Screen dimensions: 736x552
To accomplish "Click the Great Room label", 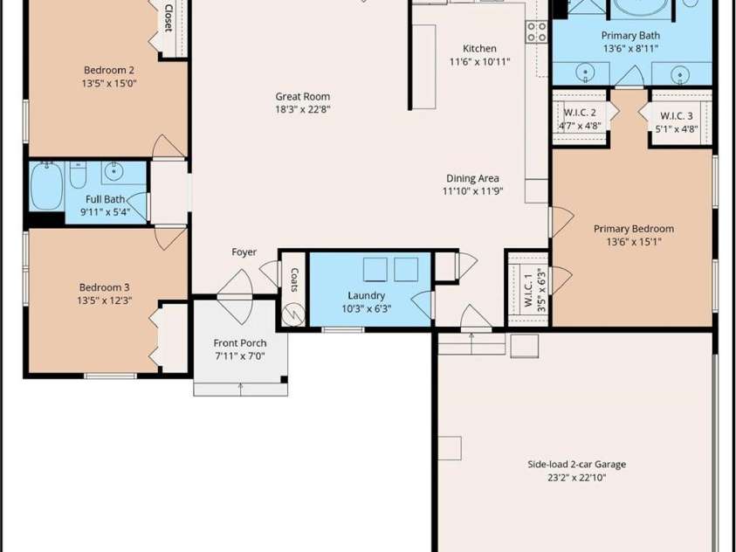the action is [303, 96].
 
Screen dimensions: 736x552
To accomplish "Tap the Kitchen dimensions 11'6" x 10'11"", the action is [479, 61].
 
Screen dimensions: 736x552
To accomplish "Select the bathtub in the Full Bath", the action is [46, 186].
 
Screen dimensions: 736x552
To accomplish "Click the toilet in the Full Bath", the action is [78, 174].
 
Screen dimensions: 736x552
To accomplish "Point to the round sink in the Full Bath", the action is [114, 171].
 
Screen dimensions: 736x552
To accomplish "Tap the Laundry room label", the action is [366, 295].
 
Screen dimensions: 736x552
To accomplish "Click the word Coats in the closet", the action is [294, 279].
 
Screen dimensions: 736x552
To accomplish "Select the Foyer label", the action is [244, 252].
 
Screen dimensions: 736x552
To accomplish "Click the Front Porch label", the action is [240, 343].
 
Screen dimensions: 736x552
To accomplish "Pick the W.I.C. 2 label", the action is [580, 113].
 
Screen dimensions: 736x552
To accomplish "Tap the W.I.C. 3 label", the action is [677, 115].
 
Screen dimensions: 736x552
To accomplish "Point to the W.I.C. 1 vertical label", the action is [528, 290].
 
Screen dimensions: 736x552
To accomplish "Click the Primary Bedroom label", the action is [634, 229].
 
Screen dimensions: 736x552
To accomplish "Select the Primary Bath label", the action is [630, 35].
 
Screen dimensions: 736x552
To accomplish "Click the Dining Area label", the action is [472, 178].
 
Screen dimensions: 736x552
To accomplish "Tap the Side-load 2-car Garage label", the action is [576, 465].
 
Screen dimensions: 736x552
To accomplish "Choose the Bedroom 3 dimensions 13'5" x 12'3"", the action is [104, 300].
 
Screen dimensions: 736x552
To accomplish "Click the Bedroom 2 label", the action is [109, 70].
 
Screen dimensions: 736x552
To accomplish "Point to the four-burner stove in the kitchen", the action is [537, 32].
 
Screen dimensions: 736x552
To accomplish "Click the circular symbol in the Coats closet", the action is [292, 314].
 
